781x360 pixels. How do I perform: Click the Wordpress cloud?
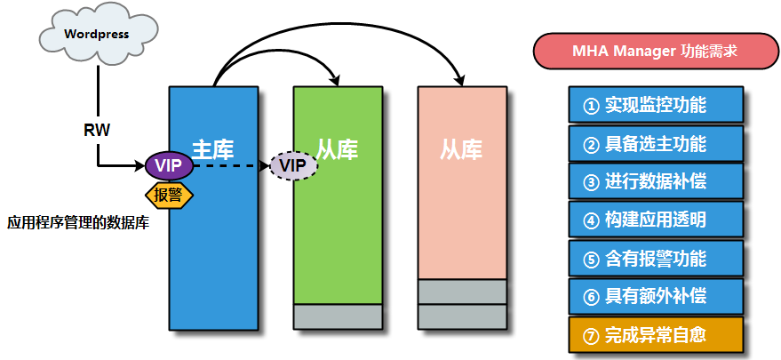click(x=97, y=35)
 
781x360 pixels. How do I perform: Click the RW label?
click(x=97, y=130)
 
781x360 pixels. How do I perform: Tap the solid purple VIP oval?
click(x=168, y=164)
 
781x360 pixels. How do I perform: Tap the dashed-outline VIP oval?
click(x=293, y=164)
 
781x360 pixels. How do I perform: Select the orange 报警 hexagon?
click(x=168, y=195)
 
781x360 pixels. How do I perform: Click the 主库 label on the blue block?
click(x=212, y=148)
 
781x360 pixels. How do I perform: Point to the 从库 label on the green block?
click(x=338, y=148)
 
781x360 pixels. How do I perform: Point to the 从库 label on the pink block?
click(x=461, y=148)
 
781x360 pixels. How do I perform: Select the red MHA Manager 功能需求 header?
click(x=650, y=51)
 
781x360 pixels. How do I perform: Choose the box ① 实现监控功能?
click(x=655, y=105)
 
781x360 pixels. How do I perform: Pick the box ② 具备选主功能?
click(x=655, y=143)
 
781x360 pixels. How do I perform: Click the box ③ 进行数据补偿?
click(x=655, y=181)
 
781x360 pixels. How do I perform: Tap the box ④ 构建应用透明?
click(x=655, y=220)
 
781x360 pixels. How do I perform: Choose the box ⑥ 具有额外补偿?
click(x=655, y=296)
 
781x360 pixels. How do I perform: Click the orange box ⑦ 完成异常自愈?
click(x=655, y=335)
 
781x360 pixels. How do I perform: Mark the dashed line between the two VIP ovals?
click(x=231, y=164)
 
